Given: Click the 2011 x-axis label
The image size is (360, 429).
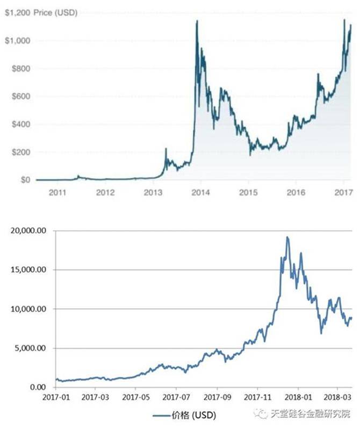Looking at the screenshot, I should (x=59, y=191).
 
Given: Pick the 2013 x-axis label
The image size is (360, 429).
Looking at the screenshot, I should (x=154, y=191).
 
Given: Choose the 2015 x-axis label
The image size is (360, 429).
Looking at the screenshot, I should (x=248, y=191).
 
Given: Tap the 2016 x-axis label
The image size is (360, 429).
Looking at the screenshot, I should (x=296, y=191).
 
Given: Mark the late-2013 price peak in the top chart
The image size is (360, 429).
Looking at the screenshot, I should (x=197, y=21).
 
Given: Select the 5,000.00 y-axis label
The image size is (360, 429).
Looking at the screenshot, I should (x=30, y=348).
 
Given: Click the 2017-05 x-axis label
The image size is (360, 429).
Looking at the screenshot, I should (x=135, y=399).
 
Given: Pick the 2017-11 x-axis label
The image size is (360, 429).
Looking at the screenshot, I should (x=257, y=399).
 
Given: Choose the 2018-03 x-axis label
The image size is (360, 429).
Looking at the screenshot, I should (x=338, y=399).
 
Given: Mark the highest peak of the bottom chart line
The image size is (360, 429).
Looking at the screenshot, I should (x=287, y=237).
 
